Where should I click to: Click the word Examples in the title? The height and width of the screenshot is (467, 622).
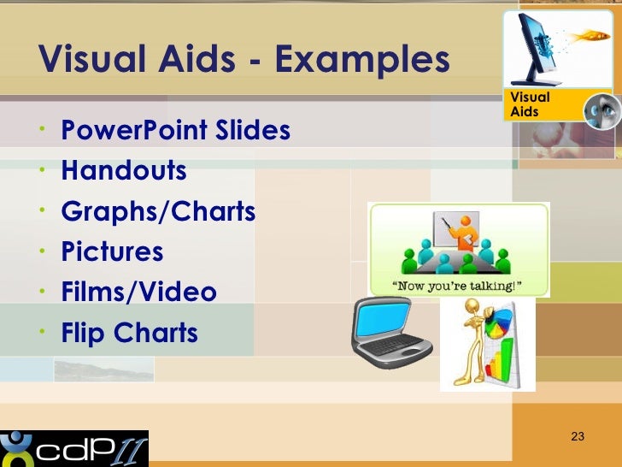coord(364,60)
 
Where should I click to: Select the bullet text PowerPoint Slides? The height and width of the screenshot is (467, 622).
coord(175,131)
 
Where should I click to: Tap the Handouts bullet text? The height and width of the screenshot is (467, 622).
coord(124,171)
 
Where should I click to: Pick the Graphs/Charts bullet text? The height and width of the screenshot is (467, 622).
coord(158,211)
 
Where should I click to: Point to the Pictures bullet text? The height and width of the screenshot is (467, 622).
coord(112,251)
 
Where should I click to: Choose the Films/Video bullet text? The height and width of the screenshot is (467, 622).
coord(138,293)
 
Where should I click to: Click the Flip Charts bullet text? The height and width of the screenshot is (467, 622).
coord(129,333)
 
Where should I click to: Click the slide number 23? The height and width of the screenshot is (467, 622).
coord(577,438)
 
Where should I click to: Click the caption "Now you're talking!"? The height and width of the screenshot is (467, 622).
coord(459,285)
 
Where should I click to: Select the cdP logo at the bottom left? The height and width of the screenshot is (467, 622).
coord(74,448)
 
